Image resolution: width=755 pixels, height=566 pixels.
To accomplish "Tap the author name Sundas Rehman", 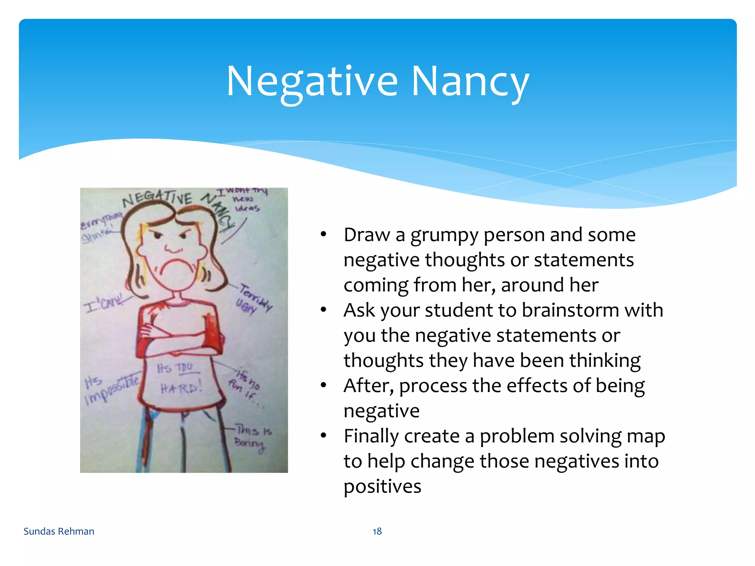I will point(59,531).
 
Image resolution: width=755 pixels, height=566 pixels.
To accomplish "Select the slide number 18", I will point(377,531).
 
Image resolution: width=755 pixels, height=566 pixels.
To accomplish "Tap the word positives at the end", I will point(382,486).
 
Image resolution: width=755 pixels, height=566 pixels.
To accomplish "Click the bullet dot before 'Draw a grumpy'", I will point(323,234).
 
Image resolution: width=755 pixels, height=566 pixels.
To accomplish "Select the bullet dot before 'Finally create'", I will point(323,436).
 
